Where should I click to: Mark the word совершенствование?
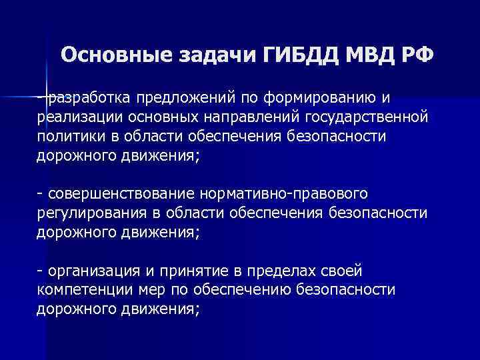coord(120,194)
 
